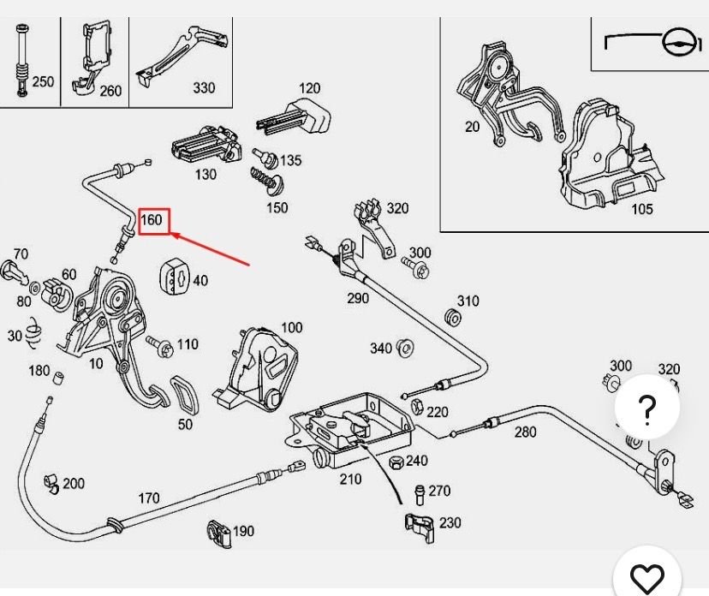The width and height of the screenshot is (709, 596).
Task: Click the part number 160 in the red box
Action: point(152,220)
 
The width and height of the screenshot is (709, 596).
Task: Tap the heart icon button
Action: point(647,576)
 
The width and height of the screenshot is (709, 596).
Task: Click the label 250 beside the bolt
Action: point(43,82)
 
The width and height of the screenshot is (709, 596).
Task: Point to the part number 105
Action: point(641,209)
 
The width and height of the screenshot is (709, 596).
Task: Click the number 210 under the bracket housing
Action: point(350,479)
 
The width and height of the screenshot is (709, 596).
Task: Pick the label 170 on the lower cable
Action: point(149,498)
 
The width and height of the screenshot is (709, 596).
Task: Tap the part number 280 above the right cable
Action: point(525,432)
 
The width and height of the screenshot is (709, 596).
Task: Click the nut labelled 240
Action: point(396,462)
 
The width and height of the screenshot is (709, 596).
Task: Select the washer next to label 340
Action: point(407,348)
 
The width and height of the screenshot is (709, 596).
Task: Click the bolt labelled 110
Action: point(160,345)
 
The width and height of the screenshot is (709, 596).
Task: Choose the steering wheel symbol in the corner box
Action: point(677,41)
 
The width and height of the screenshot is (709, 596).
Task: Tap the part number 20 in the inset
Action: point(472,127)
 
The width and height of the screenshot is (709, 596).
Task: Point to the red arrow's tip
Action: point(170,231)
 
